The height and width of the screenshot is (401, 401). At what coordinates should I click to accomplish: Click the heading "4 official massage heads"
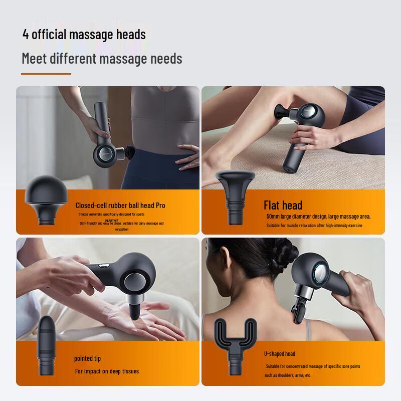[84, 35]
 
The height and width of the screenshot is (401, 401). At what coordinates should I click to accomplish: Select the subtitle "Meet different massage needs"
[102, 59]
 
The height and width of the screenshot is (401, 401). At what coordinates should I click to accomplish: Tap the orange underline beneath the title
[46, 74]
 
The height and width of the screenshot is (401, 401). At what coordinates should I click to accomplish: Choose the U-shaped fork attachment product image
[235, 346]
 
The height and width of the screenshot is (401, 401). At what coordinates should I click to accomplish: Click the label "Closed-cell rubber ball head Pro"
[120, 205]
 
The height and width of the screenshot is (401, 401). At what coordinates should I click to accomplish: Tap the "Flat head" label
[283, 205]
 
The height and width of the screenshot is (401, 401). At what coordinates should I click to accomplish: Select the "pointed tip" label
[87, 358]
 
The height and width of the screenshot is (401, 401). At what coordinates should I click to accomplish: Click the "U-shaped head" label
[280, 353]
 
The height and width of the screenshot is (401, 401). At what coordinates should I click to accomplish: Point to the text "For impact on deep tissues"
[107, 371]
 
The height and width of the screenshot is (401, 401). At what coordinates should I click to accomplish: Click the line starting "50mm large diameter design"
[318, 217]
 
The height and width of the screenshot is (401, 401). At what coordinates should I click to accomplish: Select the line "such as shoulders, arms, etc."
[288, 375]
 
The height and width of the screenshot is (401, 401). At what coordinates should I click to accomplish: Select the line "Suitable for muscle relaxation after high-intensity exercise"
[314, 226]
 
